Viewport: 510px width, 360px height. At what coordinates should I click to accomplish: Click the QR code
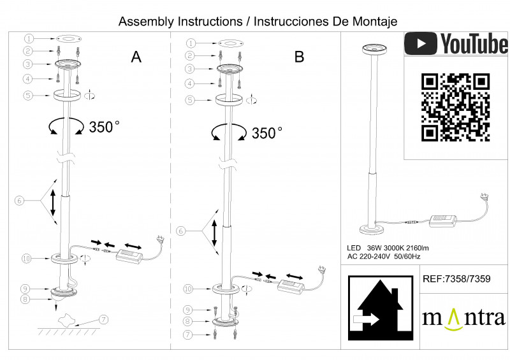(x=455, y=106)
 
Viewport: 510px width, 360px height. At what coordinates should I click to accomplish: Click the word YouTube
(x=474, y=44)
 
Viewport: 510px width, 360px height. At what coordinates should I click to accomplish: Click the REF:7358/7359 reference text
(x=456, y=279)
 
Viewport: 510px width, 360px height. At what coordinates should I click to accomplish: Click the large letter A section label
(x=136, y=57)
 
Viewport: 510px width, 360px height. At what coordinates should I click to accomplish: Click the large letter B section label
(x=300, y=57)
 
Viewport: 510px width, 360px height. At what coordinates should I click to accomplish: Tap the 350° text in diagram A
(x=105, y=126)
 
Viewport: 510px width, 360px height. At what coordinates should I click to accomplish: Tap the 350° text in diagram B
(x=266, y=133)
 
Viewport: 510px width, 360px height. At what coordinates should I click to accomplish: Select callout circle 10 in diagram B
(x=188, y=289)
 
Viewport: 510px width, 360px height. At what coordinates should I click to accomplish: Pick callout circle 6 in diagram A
(x=19, y=201)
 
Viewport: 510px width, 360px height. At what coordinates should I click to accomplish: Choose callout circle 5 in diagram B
(x=189, y=100)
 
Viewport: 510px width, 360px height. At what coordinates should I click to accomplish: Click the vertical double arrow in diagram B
(x=215, y=235)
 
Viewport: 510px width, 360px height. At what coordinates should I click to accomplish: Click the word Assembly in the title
(x=147, y=21)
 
